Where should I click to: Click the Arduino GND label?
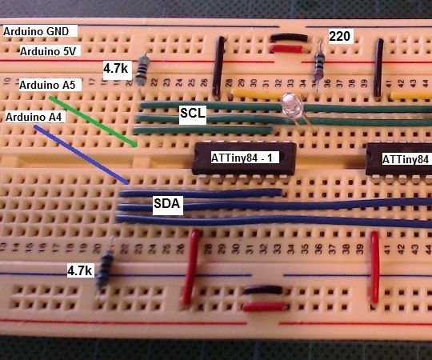[39, 31]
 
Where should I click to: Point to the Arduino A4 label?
[36, 117]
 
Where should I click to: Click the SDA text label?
[168, 206]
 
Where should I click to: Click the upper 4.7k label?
[116, 69]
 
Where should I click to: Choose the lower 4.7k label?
[80, 271]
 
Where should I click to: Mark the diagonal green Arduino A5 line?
[92, 121]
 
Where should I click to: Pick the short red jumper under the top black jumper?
[286, 49]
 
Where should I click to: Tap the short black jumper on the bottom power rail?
[263, 290]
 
